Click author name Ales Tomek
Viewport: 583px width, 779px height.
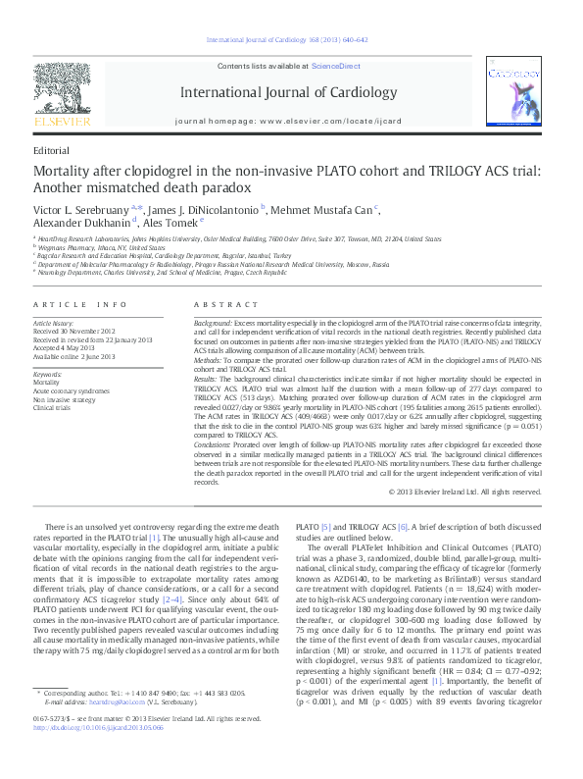[170, 223]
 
